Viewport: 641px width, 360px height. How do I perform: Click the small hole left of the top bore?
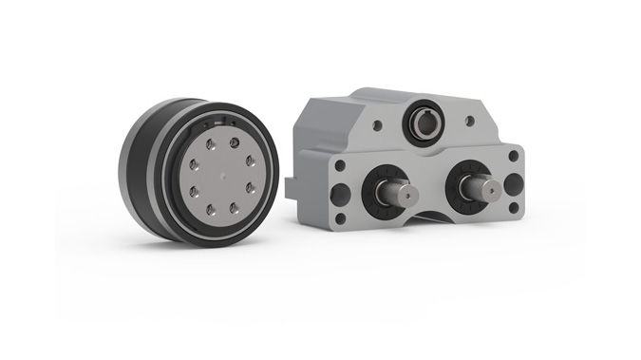(x=377, y=123)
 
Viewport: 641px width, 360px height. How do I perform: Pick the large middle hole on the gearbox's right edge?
(x=513, y=182)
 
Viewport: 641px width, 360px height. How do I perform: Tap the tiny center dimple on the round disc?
(x=218, y=178)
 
